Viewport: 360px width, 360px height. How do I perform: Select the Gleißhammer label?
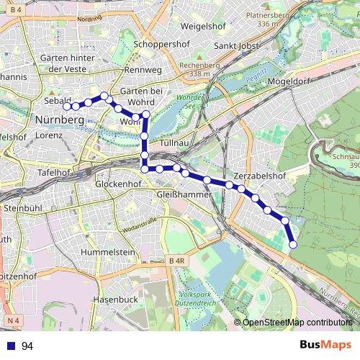click(184, 194)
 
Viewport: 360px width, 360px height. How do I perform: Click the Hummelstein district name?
click(109, 252)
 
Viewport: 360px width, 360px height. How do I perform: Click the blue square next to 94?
click(12, 346)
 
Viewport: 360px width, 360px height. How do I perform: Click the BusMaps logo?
click(320, 345)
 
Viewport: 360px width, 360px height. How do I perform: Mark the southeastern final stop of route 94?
click(293, 245)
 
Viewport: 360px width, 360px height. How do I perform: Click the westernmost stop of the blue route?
click(66, 107)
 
